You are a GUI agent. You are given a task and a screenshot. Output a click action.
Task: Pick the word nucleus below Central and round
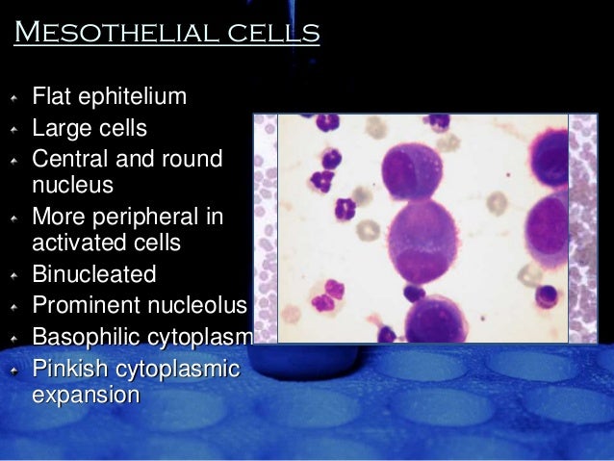[x=72, y=183]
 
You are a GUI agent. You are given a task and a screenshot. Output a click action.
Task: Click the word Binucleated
[x=94, y=274]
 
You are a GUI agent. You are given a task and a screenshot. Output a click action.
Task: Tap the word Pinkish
[x=70, y=369]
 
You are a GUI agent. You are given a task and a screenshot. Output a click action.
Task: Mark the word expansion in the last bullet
[x=86, y=395]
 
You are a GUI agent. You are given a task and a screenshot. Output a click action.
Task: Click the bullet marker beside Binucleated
[x=13, y=275]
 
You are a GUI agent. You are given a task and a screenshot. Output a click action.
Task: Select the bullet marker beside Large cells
[x=13, y=129]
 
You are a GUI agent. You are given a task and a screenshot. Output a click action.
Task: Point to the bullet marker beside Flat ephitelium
[x=13, y=98]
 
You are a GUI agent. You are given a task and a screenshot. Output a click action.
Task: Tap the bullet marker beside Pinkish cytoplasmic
[x=13, y=370]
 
